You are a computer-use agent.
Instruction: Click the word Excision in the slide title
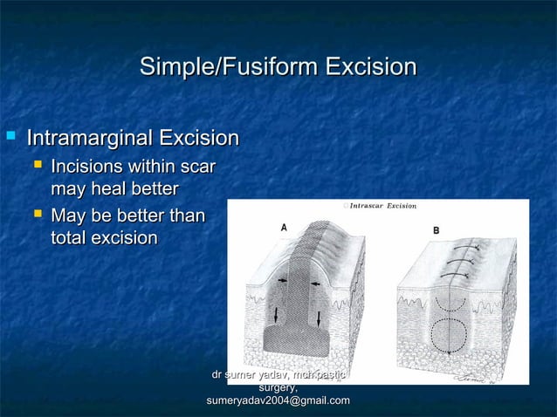[x=370, y=67]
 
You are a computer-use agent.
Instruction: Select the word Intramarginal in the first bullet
[x=90, y=139]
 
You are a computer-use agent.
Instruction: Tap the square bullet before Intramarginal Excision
[x=11, y=137]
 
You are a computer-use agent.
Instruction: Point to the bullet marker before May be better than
[x=38, y=214]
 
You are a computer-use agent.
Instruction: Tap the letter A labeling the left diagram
[x=284, y=227]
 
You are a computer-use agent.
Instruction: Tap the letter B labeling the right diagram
[x=437, y=230]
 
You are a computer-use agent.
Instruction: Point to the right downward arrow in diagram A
[x=319, y=318]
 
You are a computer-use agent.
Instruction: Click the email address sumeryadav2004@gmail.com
[x=278, y=400]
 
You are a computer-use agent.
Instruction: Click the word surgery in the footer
[x=278, y=387]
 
